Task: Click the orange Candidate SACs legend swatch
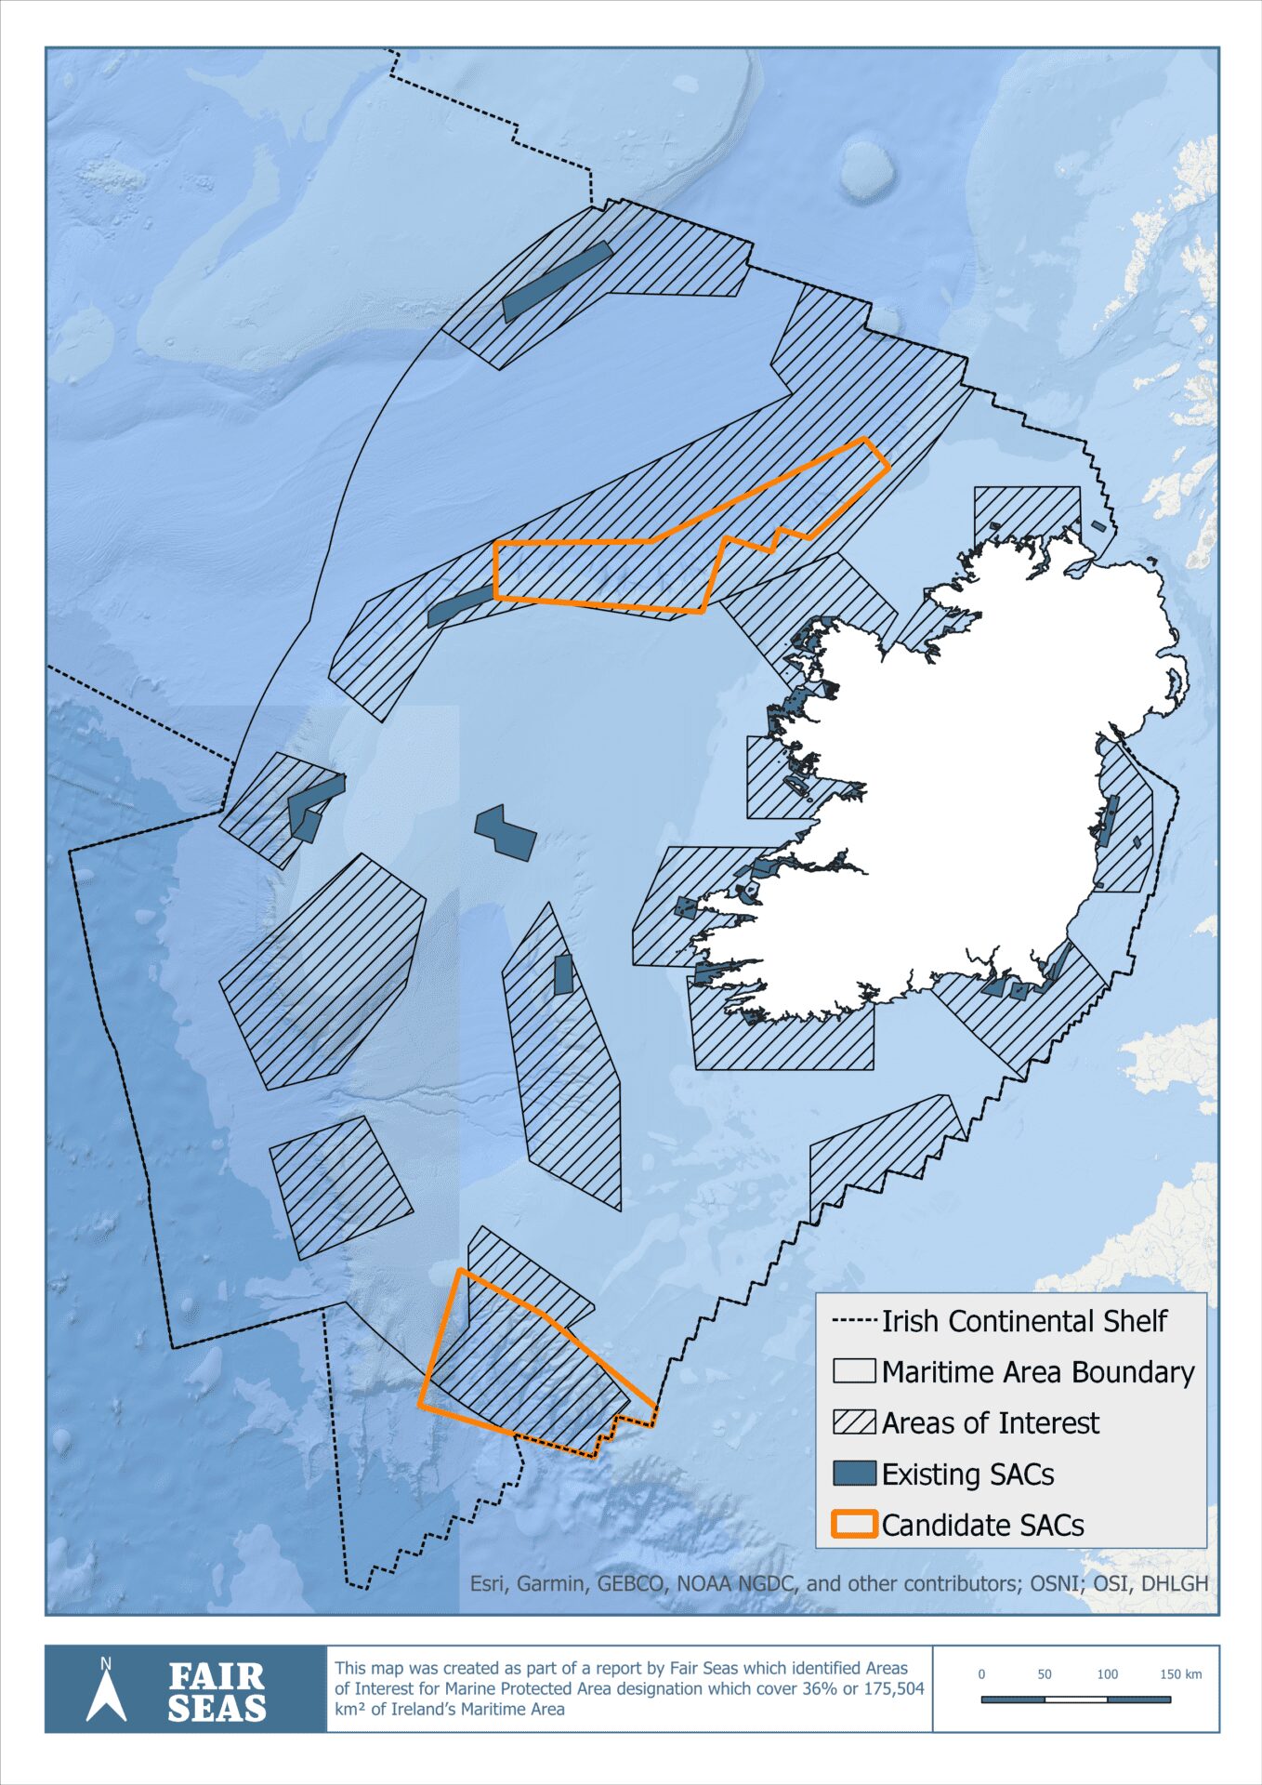(853, 1525)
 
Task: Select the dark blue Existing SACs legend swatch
(853, 1474)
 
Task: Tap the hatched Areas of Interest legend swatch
(853, 1422)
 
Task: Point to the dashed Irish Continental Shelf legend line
(853, 1321)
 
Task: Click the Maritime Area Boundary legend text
(1037, 1372)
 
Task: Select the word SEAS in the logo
(217, 1709)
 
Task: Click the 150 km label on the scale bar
(1180, 1674)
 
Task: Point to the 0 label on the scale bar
(981, 1674)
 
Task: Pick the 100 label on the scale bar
(1107, 1674)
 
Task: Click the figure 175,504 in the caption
(895, 1688)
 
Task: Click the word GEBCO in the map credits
(631, 1583)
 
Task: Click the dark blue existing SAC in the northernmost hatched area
(556, 281)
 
